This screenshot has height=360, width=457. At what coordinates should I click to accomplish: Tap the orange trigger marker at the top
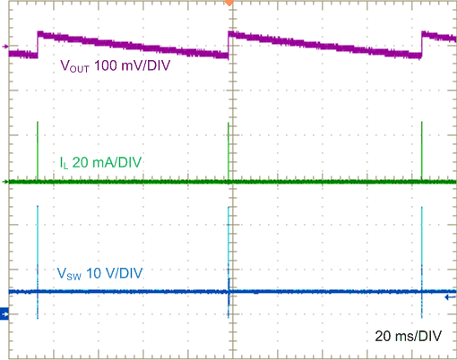(228, 3)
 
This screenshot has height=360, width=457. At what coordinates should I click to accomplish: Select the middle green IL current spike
(228, 152)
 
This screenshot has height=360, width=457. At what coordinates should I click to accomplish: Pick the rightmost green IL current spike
(421, 152)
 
